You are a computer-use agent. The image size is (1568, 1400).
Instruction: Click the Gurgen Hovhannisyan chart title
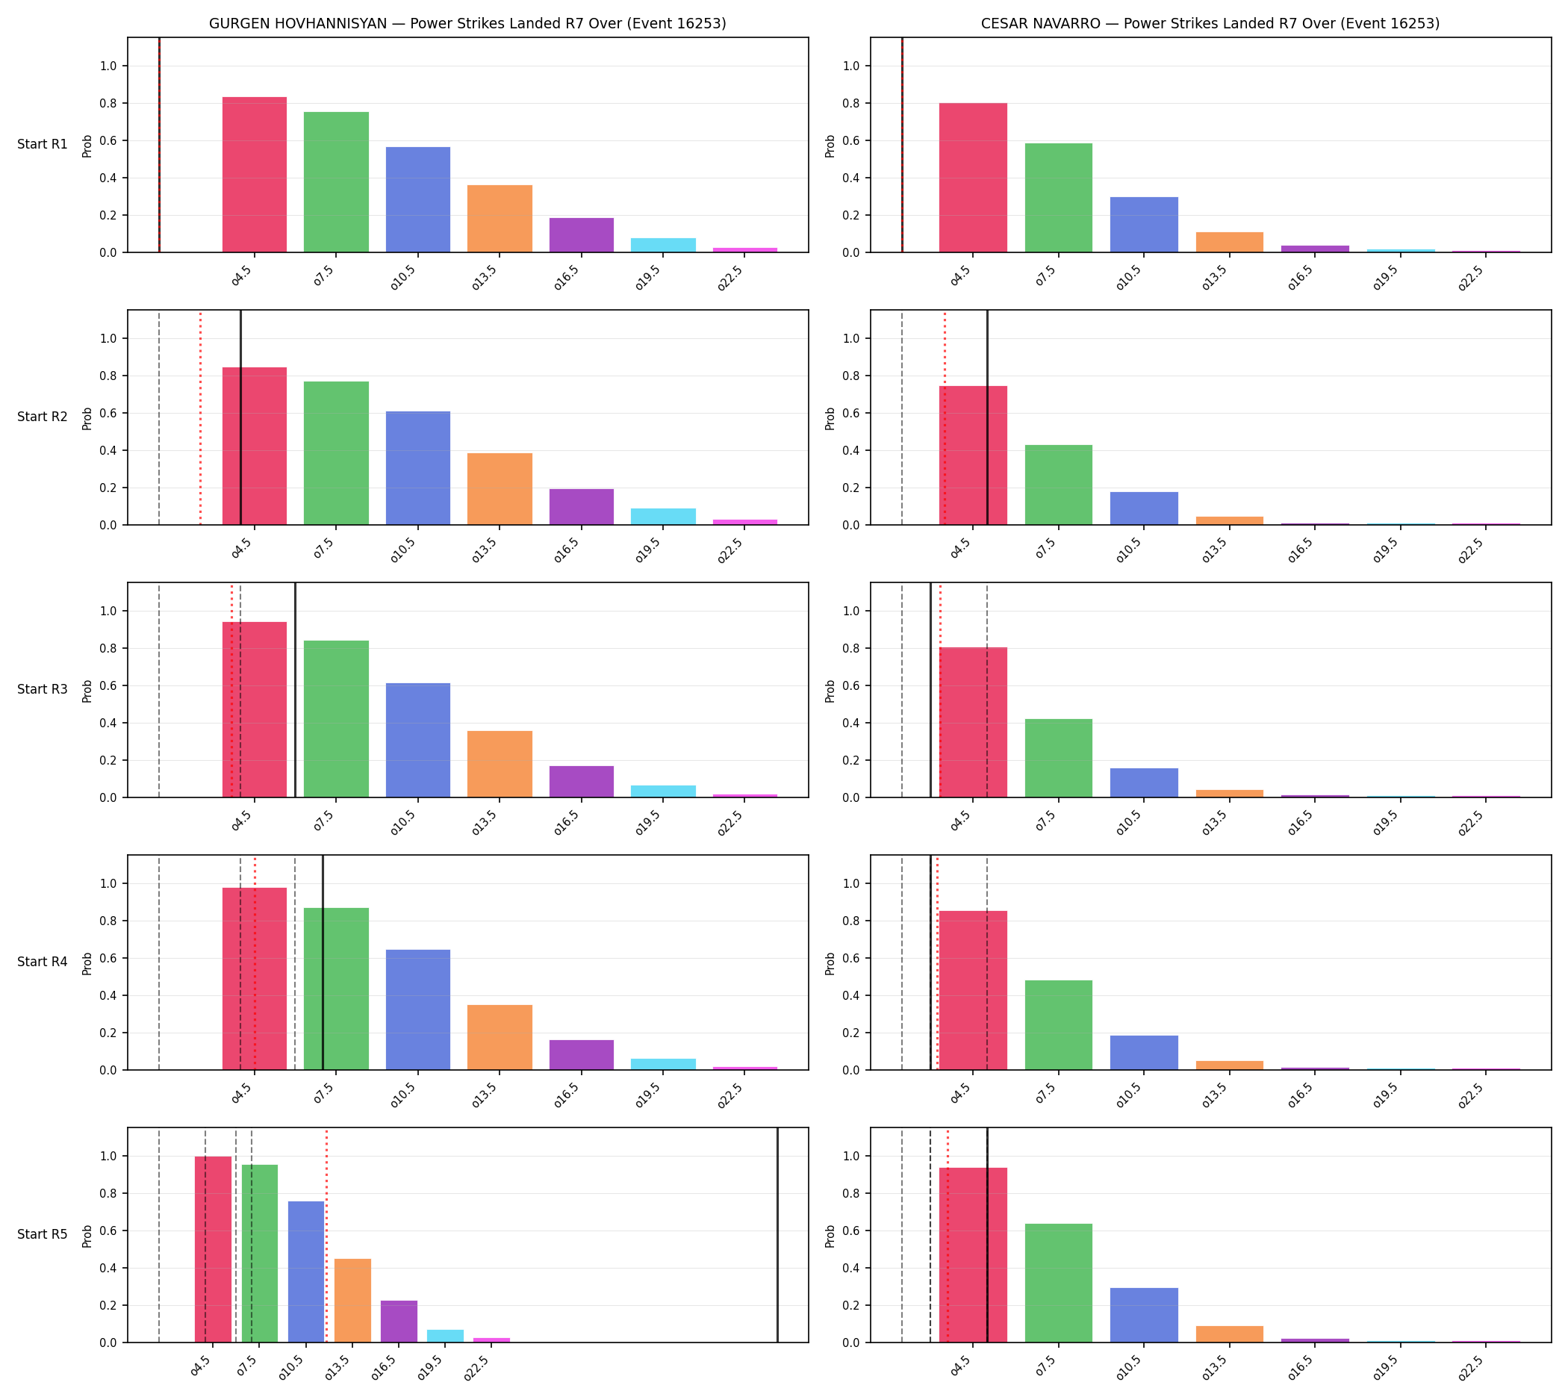coord(467,24)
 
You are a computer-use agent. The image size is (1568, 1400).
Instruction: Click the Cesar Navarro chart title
coord(1210,24)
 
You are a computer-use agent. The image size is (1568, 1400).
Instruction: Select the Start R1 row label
coord(43,145)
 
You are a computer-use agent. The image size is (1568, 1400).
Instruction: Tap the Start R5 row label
coord(43,1235)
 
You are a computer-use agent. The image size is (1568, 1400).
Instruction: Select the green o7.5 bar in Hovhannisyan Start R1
coord(336,182)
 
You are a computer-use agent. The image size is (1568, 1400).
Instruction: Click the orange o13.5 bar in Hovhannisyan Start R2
coord(500,489)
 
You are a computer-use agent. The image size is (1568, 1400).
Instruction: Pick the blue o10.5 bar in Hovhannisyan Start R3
coord(418,740)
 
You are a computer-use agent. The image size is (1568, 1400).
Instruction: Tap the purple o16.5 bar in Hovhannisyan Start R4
coord(581,1054)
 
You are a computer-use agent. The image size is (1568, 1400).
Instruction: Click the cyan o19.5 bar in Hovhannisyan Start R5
coord(446,1336)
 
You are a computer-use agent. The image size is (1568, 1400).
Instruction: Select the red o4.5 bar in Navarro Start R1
coord(972,178)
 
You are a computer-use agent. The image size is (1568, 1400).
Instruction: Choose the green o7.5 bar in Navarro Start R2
coord(1058,485)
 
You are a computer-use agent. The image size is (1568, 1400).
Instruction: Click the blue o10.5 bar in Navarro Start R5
coord(1143,1316)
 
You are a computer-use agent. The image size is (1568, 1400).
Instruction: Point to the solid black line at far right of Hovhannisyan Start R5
coord(777,1236)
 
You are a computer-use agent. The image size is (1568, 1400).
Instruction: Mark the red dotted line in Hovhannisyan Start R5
coord(326,1236)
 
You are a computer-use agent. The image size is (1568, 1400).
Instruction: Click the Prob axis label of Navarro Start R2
coord(830,418)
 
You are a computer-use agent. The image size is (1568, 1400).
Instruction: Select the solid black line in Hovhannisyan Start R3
coord(296,690)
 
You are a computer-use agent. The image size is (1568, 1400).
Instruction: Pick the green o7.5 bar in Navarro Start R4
coord(1058,1024)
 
